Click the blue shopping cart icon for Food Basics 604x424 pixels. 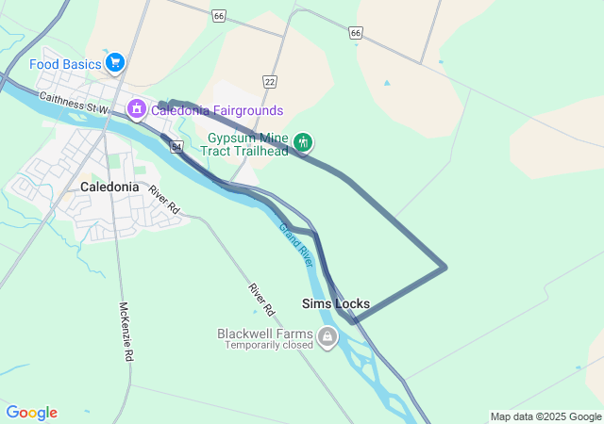pyautogui.click(x=115, y=63)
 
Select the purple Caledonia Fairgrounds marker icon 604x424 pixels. pyautogui.click(x=137, y=110)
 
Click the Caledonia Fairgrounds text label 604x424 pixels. pyautogui.click(x=216, y=111)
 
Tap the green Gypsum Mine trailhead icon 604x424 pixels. pyautogui.click(x=303, y=142)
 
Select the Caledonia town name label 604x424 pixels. pyautogui.click(x=109, y=187)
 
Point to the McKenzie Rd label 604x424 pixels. pyautogui.click(x=125, y=332)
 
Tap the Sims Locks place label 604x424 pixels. pyautogui.click(x=336, y=303)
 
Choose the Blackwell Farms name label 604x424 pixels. pyautogui.click(x=264, y=334)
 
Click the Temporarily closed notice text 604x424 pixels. pyautogui.click(x=268, y=345)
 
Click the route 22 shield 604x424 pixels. pyautogui.click(x=270, y=82)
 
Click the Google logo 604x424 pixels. pyautogui.click(x=32, y=413)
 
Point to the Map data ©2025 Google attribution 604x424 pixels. pyautogui.click(x=545, y=416)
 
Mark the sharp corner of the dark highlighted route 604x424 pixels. pyautogui.click(x=445, y=267)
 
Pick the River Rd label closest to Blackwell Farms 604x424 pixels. pyautogui.click(x=261, y=299)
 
